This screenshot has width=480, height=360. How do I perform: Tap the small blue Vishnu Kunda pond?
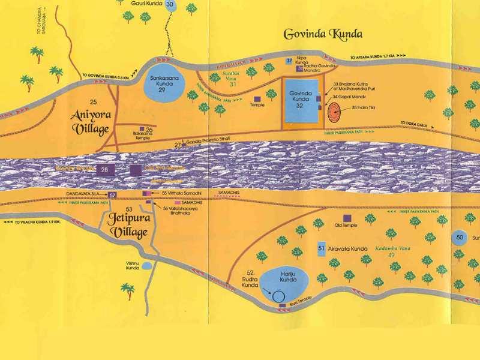[147, 265]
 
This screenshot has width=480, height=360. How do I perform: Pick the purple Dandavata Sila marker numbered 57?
[113, 195]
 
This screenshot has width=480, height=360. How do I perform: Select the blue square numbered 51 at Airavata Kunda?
[322, 248]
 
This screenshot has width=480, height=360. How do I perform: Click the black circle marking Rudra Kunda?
[278, 295]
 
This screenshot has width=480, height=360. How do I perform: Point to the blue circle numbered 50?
[460, 238]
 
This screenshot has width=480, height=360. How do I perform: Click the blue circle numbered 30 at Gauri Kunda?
[170, 5]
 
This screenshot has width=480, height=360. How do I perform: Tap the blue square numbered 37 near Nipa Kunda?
[289, 61]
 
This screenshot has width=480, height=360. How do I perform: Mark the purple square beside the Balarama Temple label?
[141, 129]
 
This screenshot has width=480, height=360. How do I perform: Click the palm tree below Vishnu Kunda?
[128, 291]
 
